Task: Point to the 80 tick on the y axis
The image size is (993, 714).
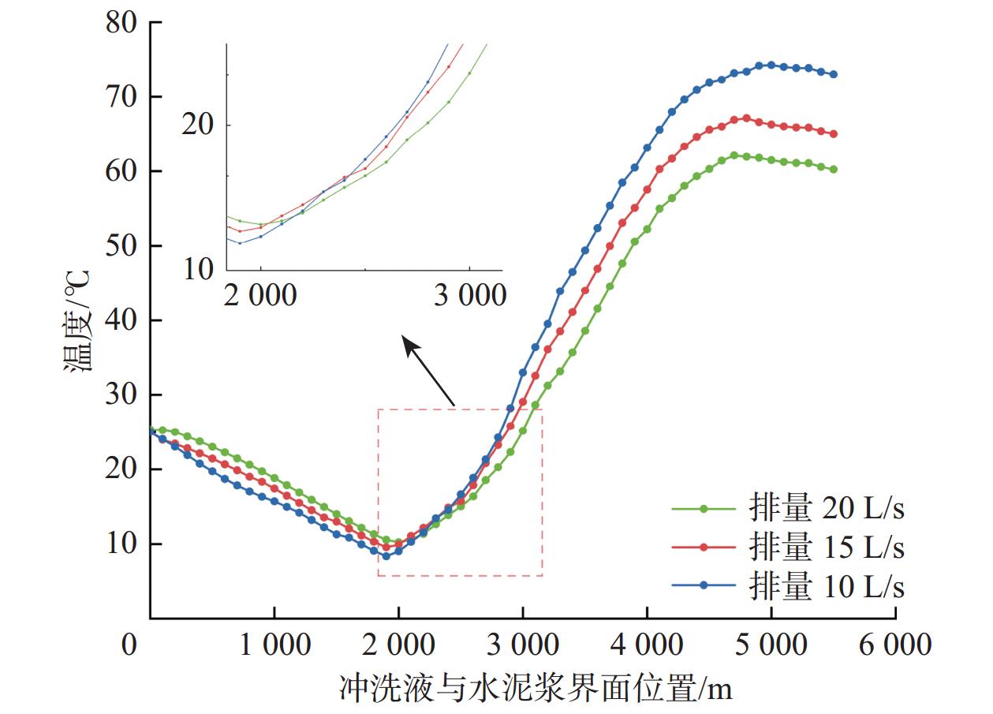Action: click(x=123, y=23)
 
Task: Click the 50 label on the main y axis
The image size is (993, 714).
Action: click(x=123, y=246)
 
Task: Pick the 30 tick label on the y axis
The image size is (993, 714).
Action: click(x=123, y=395)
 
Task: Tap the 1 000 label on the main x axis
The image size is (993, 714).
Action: click(x=274, y=645)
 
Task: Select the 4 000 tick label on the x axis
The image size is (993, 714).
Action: click(x=647, y=645)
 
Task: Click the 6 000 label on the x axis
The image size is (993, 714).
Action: click(x=895, y=645)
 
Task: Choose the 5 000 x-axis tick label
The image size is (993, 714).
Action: click(x=771, y=645)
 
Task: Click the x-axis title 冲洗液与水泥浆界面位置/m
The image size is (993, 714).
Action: click(x=536, y=686)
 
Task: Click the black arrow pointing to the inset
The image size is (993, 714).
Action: click(x=429, y=371)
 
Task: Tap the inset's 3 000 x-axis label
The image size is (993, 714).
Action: click(x=470, y=297)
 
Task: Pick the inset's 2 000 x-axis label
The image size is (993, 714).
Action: click(x=261, y=297)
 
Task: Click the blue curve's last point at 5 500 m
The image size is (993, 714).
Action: click(x=833, y=74)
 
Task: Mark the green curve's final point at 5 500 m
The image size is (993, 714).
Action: click(x=833, y=169)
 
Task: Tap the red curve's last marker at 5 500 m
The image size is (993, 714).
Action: click(x=833, y=134)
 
